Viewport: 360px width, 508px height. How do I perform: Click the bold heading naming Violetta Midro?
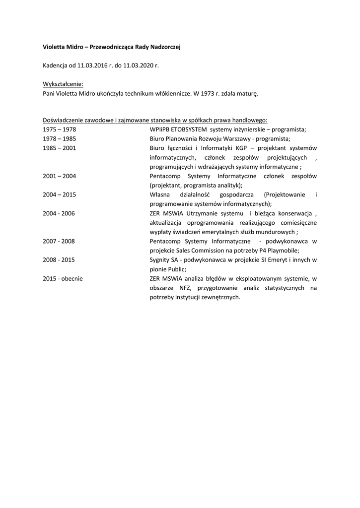coord(112,47)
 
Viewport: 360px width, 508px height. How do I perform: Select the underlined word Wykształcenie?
coord(63,83)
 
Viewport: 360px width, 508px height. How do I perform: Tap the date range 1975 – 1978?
coord(60,129)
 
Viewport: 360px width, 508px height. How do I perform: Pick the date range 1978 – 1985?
coord(60,138)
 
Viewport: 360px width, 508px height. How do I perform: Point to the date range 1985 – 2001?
coord(60,148)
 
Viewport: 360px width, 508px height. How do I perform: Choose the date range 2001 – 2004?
coord(60,176)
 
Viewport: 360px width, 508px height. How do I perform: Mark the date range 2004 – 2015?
coord(60,194)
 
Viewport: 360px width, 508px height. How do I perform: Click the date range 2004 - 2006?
coord(59,213)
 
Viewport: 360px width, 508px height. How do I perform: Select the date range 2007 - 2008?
coord(59,241)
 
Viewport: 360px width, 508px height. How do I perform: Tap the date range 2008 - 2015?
coord(59,259)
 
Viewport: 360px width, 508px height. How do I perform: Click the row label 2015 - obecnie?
coord(63,278)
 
